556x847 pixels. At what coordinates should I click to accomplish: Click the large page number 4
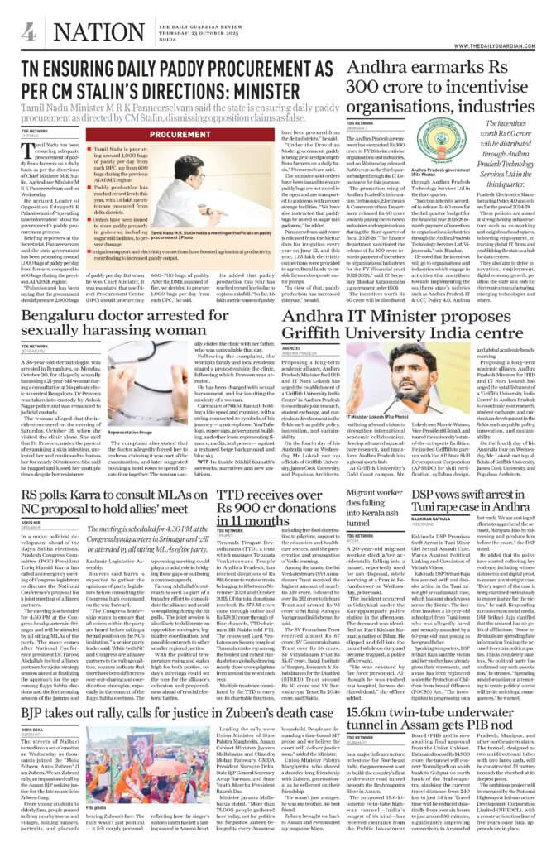tap(28, 32)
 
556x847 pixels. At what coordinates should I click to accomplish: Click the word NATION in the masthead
tap(82, 34)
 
